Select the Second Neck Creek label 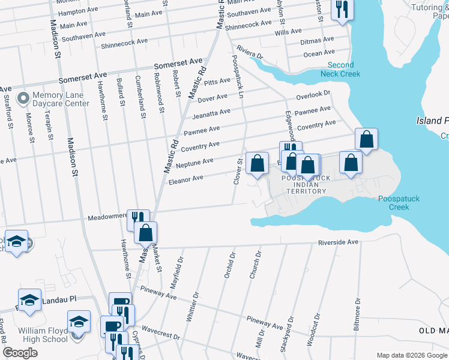point(343,69)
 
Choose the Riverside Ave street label point(338,242)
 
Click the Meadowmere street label point(108,216)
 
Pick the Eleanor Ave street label point(186,178)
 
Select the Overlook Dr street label point(313,95)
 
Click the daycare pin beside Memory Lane point(23,97)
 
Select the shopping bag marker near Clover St point(257,163)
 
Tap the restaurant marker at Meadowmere point(137,218)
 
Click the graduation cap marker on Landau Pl point(29,299)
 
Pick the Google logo point(20,353)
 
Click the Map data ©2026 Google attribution point(411,355)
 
